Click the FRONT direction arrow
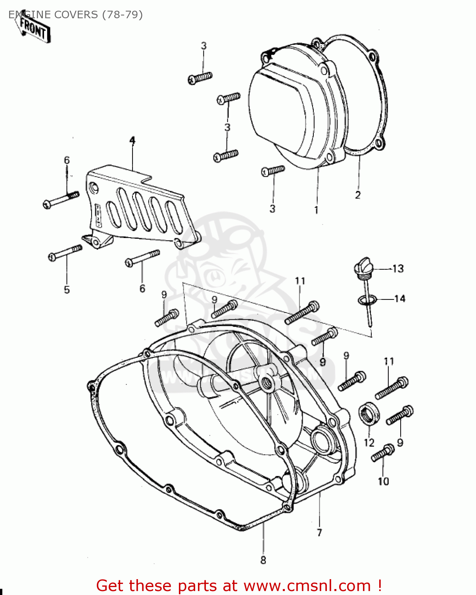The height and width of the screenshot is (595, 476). coord(33,29)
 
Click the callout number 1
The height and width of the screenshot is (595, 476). coord(316,210)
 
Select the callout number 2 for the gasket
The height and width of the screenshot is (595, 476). coord(358,195)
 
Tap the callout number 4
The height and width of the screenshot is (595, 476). coord(132,141)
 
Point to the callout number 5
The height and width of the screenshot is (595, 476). coord(67,290)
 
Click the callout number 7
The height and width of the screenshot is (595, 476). coord(319,532)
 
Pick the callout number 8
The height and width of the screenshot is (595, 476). coord(263,560)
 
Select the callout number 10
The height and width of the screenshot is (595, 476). coord(383,481)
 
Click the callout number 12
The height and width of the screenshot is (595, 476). coord(369,442)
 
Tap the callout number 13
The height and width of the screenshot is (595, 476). coord(398,269)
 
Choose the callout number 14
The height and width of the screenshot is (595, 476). coord(399,298)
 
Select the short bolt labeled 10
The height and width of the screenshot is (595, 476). coord(382,453)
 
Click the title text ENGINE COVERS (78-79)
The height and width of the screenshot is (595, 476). coord(75,15)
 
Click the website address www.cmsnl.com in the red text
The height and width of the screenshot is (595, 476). coord(307,585)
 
